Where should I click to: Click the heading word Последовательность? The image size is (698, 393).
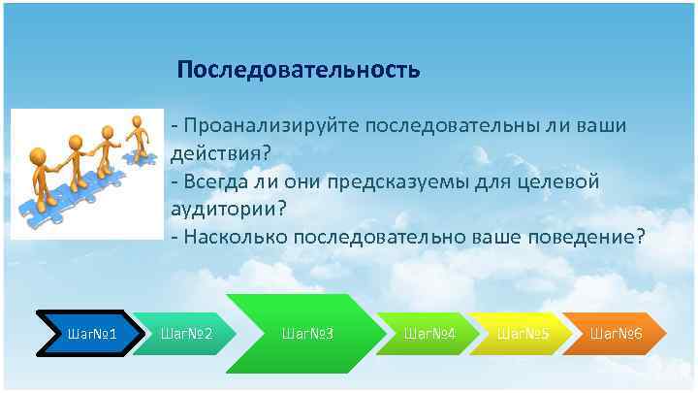pyautogui.click(x=299, y=71)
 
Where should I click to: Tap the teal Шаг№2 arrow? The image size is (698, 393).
pyautogui.click(x=185, y=334)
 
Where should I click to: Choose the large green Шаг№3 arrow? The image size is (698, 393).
pyautogui.click(x=306, y=334)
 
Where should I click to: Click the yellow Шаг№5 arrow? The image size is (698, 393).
pyautogui.click(x=523, y=334)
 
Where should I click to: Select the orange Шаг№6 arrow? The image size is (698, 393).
pyautogui.click(x=616, y=334)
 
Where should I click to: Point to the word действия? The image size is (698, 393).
pyautogui.click(x=215, y=153)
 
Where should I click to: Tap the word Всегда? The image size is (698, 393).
pyautogui.click(x=215, y=181)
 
